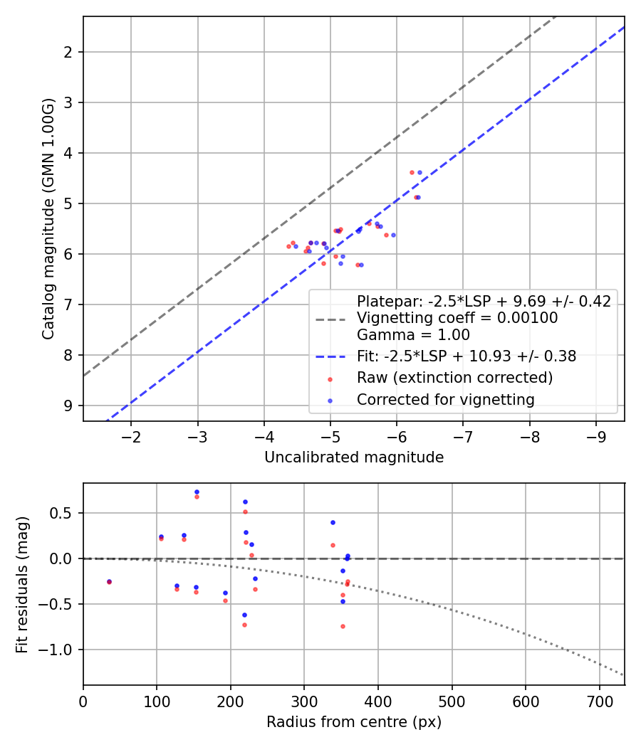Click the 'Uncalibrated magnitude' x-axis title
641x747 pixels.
point(354,457)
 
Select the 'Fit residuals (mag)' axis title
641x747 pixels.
point(23,583)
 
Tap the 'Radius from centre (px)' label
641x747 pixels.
point(354,722)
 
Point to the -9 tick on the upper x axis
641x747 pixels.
point(595,435)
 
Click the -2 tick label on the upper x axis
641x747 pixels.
point(131,435)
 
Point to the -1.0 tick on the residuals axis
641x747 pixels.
point(61,650)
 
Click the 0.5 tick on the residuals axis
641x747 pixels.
point(66,513)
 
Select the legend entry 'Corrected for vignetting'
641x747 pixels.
point(445,400)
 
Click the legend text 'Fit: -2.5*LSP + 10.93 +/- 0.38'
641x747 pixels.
point(466,356)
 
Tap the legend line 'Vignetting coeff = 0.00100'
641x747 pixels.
point(457,318)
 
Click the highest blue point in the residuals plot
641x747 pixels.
point(197,492)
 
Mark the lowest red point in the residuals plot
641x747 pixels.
point(343,626)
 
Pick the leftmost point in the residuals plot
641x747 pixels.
point(109,581)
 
